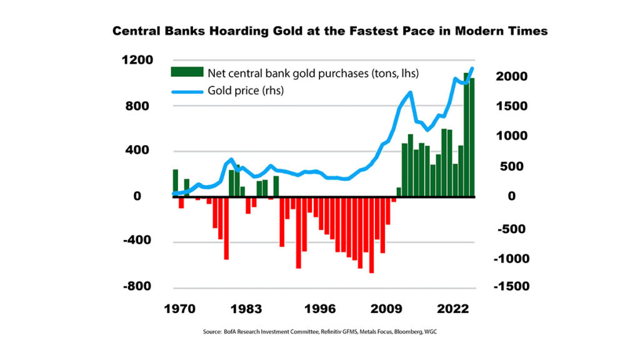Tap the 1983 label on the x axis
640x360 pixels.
coord(246,309)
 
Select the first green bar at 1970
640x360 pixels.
coord(176,182)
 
